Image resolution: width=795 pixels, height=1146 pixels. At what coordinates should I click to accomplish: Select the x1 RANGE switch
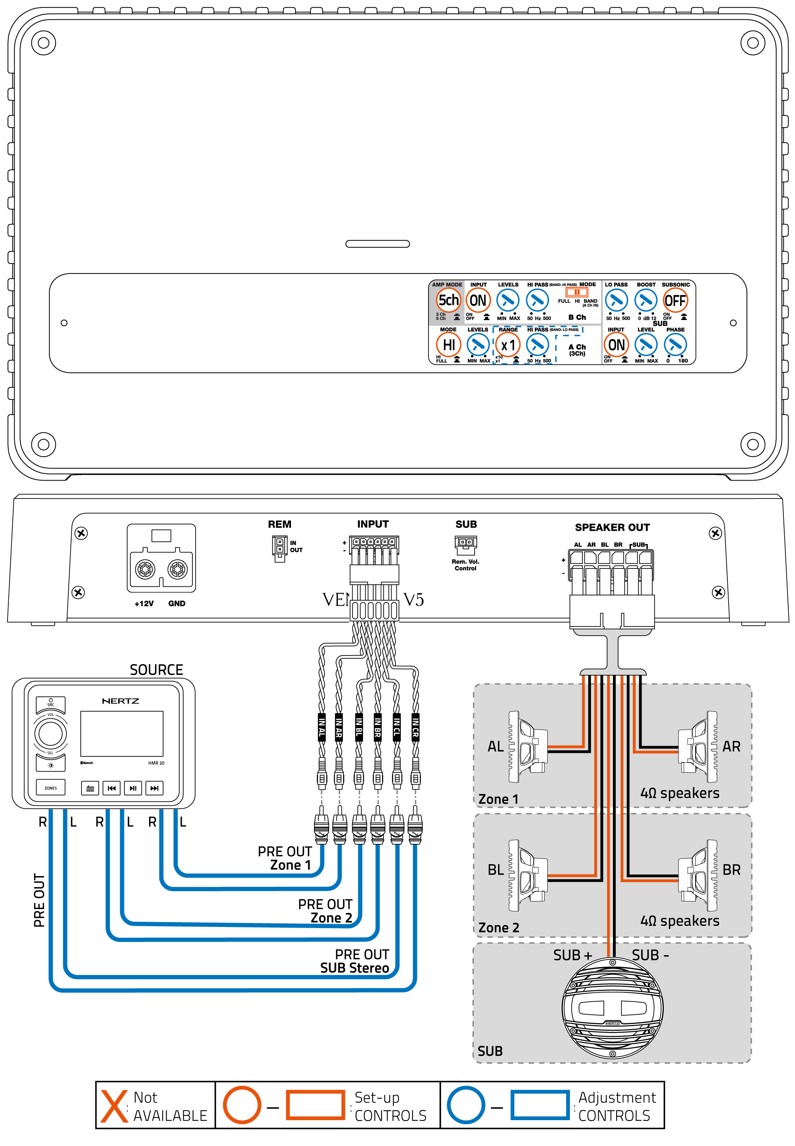tap(508, 345)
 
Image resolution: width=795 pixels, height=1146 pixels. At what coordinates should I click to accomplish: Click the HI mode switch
tap(448, 345)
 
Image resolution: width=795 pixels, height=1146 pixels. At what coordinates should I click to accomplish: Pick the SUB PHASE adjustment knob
tap(675, 345)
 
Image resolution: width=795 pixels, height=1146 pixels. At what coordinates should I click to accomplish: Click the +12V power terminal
tap(145, 569)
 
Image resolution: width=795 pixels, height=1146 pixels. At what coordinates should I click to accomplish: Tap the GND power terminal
tap(177, 569)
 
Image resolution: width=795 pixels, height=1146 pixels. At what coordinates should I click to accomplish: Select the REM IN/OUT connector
tap(279, 547)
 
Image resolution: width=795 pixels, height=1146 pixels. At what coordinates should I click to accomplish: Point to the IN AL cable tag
tap(322, 728)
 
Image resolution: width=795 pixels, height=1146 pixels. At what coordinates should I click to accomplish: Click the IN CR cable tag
tap(415, 728)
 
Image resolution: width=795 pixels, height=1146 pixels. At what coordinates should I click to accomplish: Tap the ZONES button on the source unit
tap(51, 788)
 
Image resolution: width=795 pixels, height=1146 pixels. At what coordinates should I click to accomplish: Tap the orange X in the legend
tap(114, 1106)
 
